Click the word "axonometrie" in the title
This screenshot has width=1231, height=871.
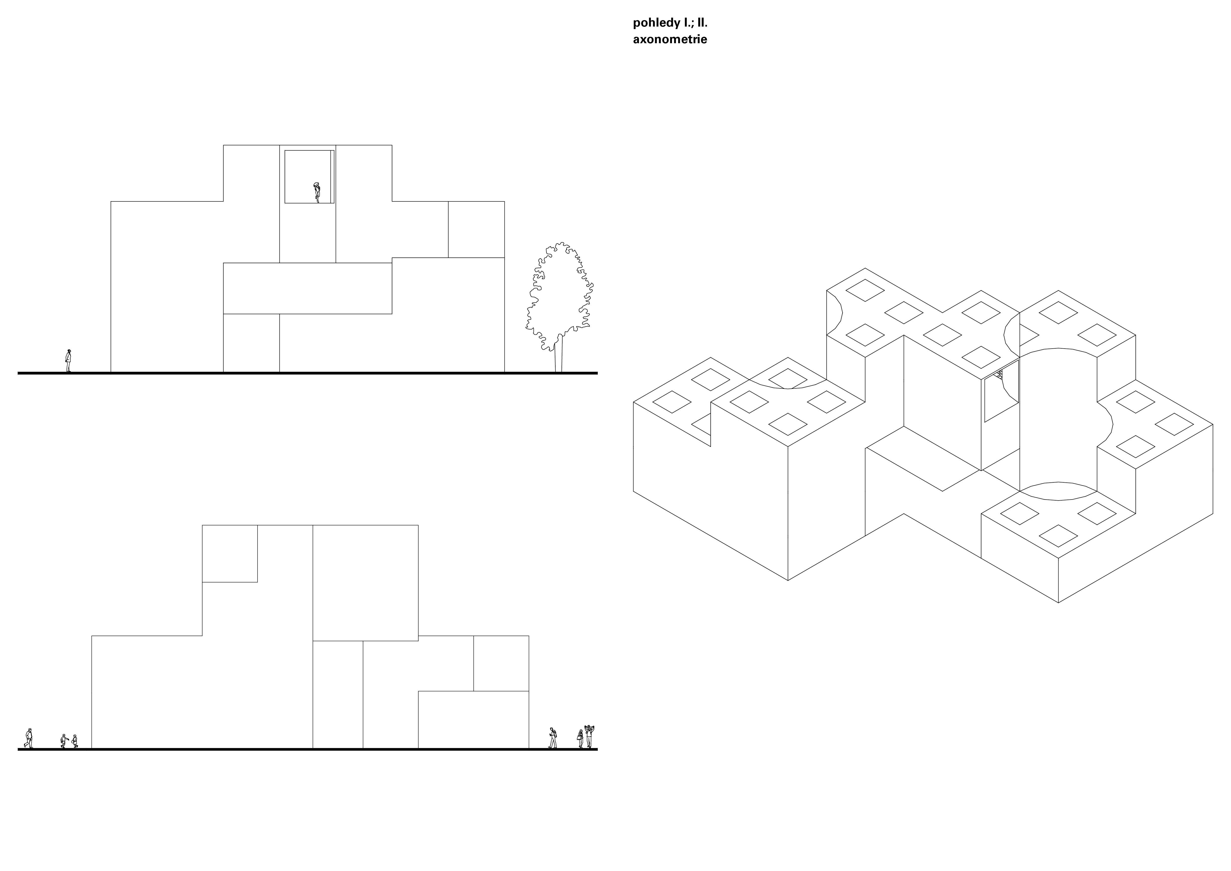(670, 39)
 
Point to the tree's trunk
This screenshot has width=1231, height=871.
(559, 354)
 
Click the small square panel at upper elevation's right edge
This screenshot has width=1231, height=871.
(476, 230)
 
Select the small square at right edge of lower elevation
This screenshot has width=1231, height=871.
(501, 663)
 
